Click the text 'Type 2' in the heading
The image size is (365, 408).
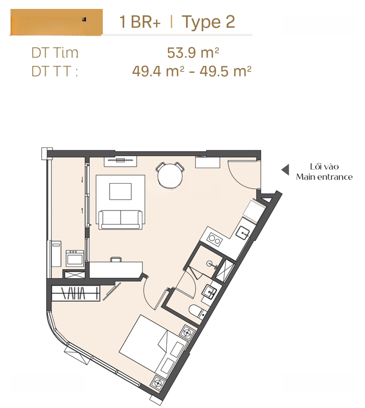[208, 23]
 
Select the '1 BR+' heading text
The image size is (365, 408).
[140, 22]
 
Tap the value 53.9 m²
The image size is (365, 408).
[193, 53]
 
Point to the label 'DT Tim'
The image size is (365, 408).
[55, 53]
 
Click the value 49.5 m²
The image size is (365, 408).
[226, 71]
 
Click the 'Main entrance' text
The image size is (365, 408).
[325, 177]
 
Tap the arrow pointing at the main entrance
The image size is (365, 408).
[285, 170]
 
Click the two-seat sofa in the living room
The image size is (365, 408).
[121, 219]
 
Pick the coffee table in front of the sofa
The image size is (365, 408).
[121, 192]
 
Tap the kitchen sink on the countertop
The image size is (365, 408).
[243, 232]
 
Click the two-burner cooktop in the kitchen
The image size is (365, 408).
[214, 239]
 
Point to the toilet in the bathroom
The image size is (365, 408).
[198, 312]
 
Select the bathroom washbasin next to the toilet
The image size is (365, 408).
[209, 292]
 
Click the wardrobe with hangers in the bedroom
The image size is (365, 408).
[76, 293]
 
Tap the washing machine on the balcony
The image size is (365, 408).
[75, 258]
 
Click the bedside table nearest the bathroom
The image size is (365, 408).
[187, 332]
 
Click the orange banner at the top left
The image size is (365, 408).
[57, 22]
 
